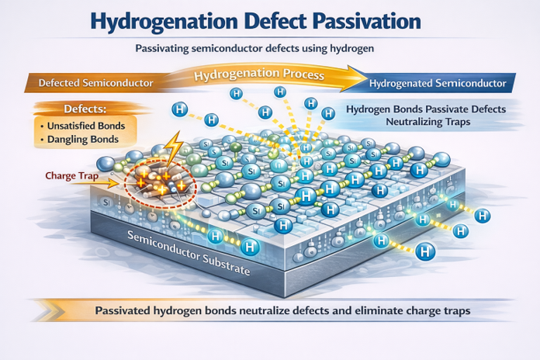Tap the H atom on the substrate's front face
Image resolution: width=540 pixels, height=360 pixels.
250,247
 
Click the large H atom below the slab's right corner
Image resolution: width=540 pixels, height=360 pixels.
426,251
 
